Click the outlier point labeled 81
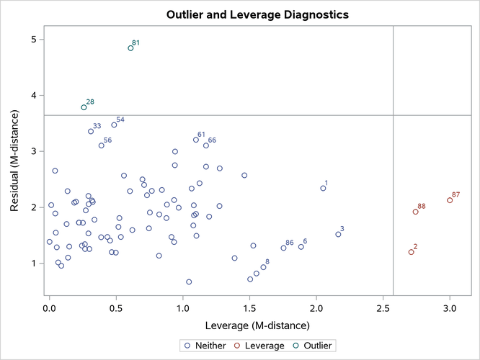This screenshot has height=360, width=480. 130,48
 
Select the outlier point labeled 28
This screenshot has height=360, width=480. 84,107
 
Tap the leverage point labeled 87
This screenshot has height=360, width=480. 450,200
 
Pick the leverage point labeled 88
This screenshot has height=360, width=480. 415,212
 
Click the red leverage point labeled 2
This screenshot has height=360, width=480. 411,252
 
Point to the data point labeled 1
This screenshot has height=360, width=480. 323,189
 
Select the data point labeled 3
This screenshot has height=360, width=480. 338,234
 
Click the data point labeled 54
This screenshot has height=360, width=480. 114,125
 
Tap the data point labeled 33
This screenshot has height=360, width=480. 91,131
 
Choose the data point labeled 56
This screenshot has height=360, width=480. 102,145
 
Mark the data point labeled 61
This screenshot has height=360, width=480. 195,140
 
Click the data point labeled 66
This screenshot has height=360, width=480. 206,145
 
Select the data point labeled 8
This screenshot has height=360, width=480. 263,267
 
